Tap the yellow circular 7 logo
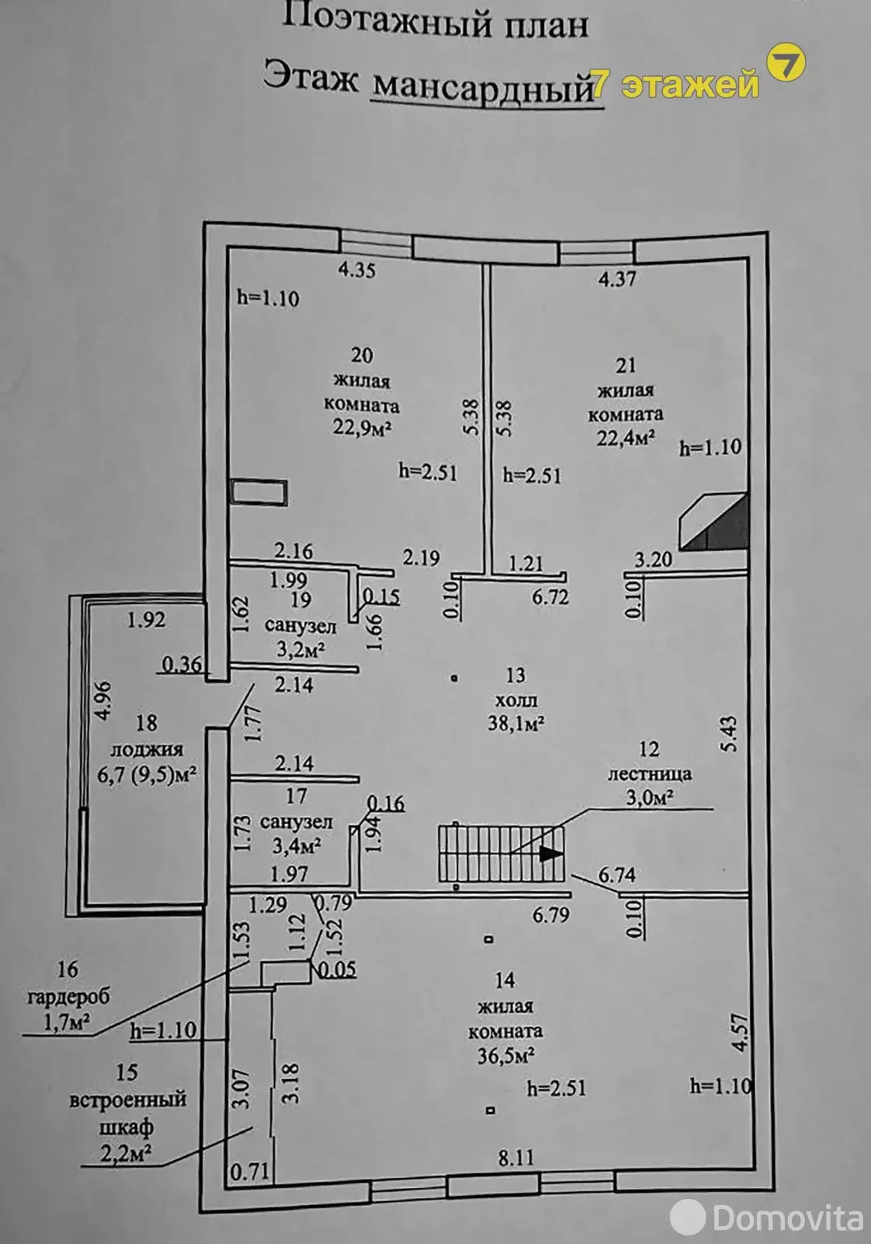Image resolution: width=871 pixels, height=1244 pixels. coord(786,62)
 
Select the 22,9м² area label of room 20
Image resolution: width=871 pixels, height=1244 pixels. coord(362,428)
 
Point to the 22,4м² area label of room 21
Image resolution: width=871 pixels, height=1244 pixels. coord(625,439)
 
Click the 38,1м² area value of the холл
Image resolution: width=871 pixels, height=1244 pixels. coord(515,724)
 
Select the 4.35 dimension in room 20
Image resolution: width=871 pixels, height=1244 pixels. coord(357,271)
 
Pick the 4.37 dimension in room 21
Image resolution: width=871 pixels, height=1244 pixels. coord(617,279)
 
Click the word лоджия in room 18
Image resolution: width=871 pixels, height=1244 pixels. coord(147,750)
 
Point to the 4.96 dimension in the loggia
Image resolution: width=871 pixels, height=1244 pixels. coord(104,701)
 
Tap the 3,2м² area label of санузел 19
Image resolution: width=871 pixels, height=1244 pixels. coord(301,649)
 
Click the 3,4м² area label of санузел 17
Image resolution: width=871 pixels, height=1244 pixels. coord(297,846)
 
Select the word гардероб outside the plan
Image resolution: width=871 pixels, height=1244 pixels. coord(69,997)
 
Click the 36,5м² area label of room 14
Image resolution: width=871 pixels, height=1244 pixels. coord(506,1055)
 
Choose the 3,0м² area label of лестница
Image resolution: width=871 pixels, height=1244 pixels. coord(650,798)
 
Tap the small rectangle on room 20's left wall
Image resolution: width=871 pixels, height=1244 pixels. coord(259,492)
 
